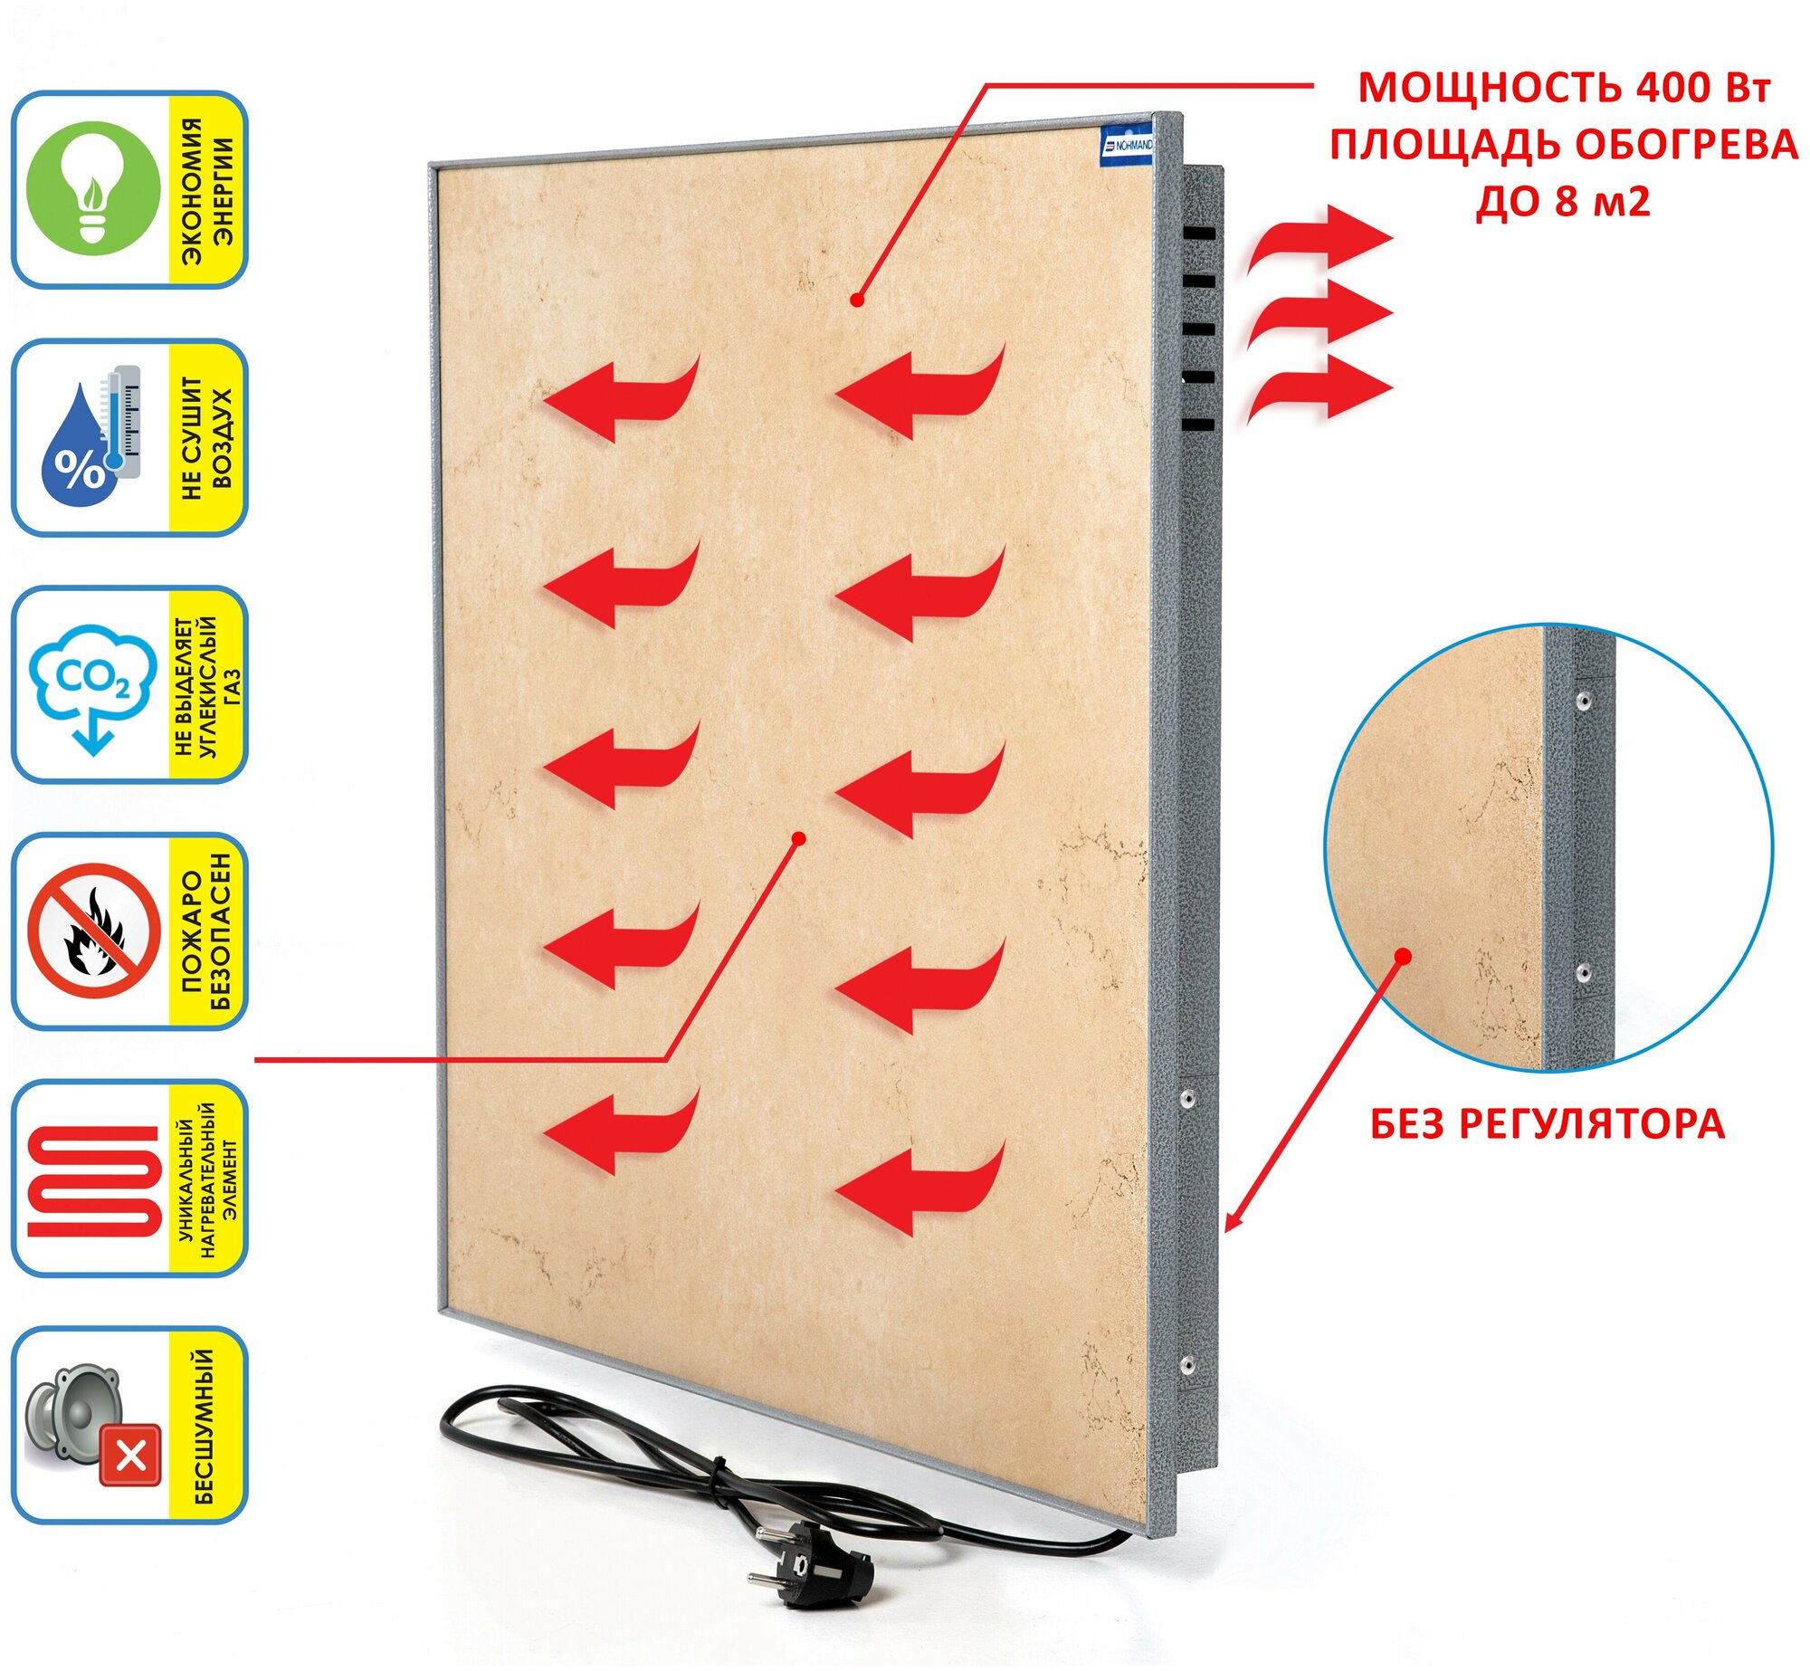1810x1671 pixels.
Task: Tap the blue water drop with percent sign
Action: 79,449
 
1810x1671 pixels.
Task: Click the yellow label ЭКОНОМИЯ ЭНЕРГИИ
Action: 207,190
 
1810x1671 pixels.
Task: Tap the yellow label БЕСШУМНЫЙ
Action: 206,1427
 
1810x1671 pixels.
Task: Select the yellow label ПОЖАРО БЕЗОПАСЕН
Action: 207,931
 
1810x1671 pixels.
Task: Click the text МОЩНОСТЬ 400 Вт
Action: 1564,88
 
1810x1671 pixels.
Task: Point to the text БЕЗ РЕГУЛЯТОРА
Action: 1547,1124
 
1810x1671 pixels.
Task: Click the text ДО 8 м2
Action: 1564,200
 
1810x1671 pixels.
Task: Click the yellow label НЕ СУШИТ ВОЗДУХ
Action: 207,438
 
